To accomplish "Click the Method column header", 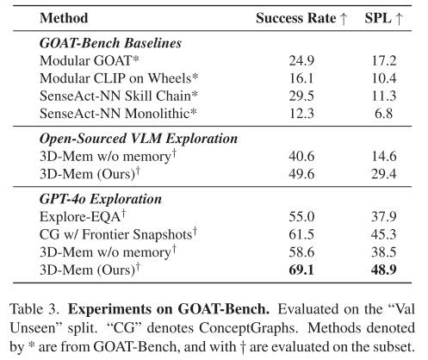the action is pyautogui.click(x=64, y=18).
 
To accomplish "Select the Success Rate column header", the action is pyautogui.click(x=301, y=18).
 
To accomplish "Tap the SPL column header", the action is pyautogui.click(x=383, y=18).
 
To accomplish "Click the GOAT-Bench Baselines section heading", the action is pyautogui.click(x=110, y=43).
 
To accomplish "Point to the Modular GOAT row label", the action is pyautogui.click(x=90, y=61).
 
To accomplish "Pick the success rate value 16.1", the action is pyautogui.click(x=301, y=78).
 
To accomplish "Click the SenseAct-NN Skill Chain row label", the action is pyautogui.click(x=119, y=96).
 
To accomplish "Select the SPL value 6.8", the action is pyautogui.click(x=383, y=114).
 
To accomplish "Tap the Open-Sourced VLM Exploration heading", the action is pyautogui.click(x=139, y=139).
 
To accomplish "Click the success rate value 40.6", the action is pyautogui.click(x=301, y=157).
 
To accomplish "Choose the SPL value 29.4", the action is pyautogui.click(x=384, y=174).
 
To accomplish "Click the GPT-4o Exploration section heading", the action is pyautogui.click(x=101, y=199).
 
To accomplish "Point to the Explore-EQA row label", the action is pyautogui.click(x=83, y=217).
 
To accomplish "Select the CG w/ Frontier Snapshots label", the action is pyautogui.click(x=118, y=234).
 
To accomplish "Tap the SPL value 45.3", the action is pyautogui.click(x=384, y=234).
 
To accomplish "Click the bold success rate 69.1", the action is pyautogui.click(x=301, y=270).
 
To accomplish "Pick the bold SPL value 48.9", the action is pyautogui.click(x=384, y=270).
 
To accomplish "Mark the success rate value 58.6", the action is pyautogui.click(x=301, y=252).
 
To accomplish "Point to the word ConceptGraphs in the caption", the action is pyautogui.click(x=247, y=328).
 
